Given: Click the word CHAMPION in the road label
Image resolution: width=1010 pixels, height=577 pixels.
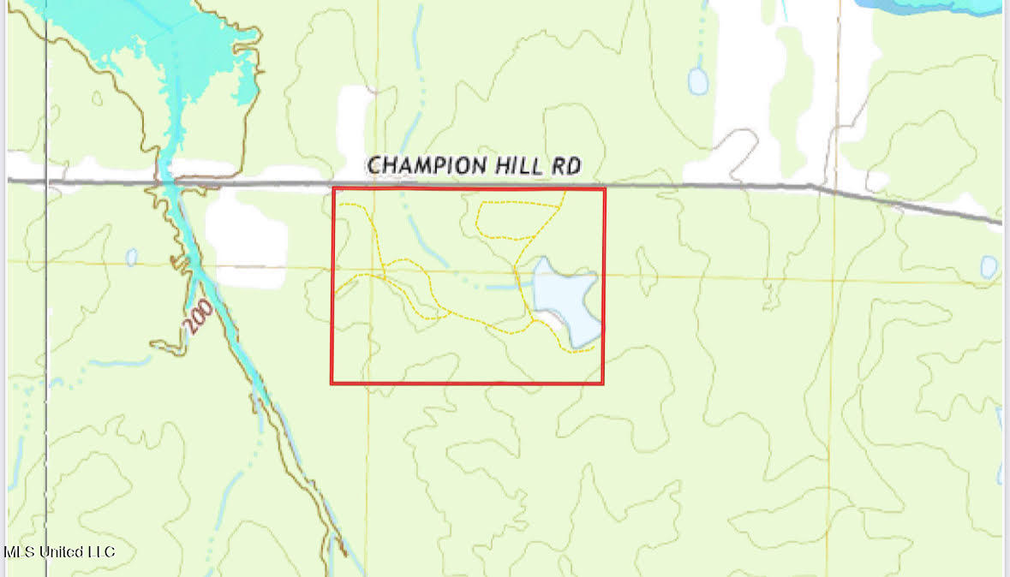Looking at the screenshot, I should click(423, 165).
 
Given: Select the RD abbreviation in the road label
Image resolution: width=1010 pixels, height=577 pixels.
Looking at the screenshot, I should click(566, 166).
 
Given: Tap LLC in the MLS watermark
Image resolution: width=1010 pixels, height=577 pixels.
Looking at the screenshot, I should click(101, 552).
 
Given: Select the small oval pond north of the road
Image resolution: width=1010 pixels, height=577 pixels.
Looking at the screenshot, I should click(698, 81).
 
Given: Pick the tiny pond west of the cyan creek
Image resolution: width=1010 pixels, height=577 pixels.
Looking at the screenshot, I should click(131, 257).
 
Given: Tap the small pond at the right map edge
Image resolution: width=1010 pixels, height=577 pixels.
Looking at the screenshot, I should click(989, 267).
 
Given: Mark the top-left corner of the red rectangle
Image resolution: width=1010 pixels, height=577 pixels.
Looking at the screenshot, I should click(332, 188).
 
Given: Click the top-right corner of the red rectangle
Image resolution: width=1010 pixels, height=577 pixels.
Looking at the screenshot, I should click(604, 189).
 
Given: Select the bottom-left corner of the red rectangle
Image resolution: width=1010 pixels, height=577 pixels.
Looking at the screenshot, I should click(332, 382).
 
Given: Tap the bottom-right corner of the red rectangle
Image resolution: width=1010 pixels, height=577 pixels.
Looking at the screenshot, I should click(603, 383).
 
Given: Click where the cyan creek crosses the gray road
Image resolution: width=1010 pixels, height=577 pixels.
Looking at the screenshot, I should click(166, 181).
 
